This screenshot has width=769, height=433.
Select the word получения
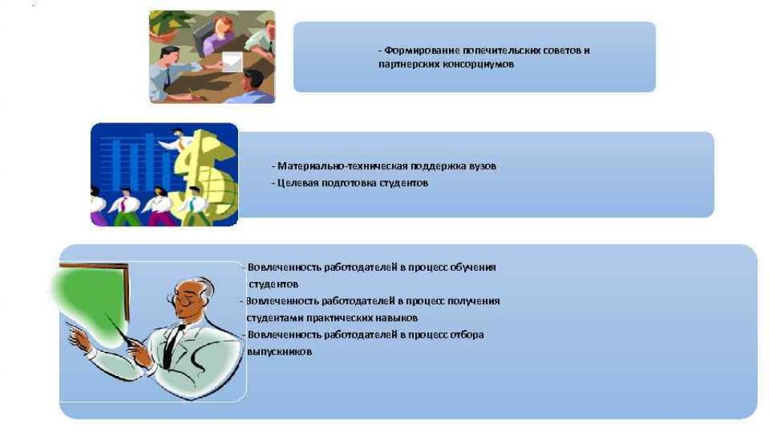(x=475, y=301)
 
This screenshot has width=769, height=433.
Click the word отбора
(x=466, y=335)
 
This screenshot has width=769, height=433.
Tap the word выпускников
(x=279, y=352)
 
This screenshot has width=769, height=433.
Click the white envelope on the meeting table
(x=233, y=62)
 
